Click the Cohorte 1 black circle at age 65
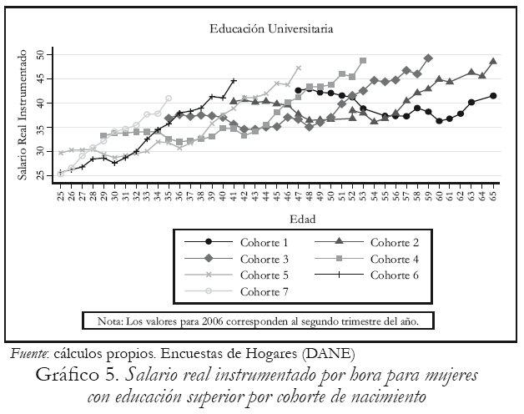point(494,96)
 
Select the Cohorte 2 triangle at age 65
point(494,61)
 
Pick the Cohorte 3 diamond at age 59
point(428,58)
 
